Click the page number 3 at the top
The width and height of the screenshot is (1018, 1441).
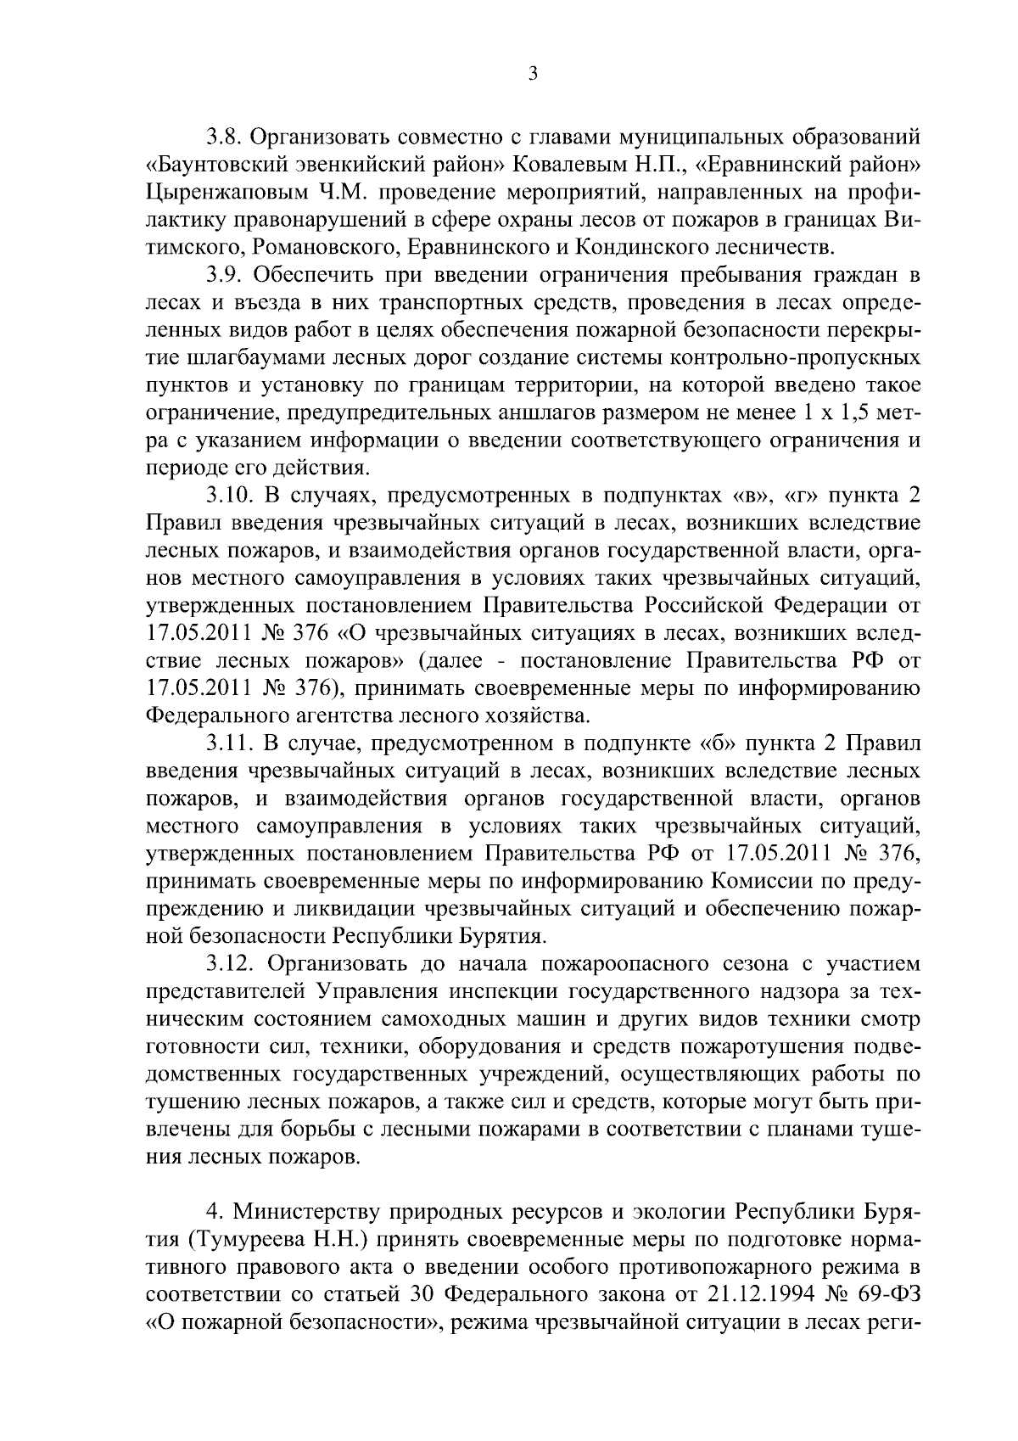tap(532, 74)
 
